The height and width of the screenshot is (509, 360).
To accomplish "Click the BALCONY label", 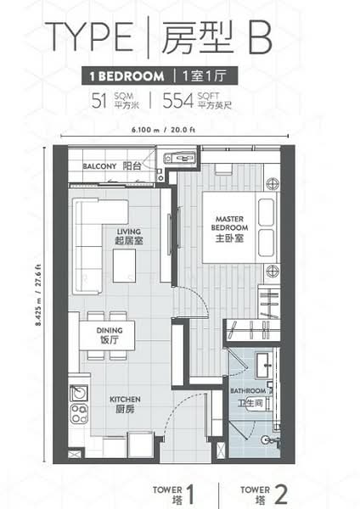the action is (99, 166).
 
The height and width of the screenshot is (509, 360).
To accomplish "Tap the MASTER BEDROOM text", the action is (229, 223).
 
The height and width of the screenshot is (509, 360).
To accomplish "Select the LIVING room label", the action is (129, 232).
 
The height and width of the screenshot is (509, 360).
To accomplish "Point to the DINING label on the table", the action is (110, 331).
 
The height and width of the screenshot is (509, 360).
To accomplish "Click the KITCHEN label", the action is (125, 400).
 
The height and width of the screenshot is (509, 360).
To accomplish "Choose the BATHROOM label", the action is (248, 391).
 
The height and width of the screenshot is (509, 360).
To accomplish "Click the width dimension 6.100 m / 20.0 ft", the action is (163, 130).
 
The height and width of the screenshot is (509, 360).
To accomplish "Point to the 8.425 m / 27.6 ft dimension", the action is (39, 295).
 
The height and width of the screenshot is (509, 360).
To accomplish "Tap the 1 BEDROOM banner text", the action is (127, 76).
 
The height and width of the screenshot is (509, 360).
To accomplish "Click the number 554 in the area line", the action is (177, 101).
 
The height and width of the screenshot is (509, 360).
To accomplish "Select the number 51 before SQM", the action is (99, 101).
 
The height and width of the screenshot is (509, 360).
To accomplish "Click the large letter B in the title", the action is (260, 38).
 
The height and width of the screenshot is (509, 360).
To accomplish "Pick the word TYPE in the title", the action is (89, 36).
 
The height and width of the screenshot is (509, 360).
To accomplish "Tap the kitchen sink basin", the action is (79, 393).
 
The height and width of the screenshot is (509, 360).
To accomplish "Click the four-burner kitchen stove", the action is (79, 414).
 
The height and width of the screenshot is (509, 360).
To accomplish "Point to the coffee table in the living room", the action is (125, 266).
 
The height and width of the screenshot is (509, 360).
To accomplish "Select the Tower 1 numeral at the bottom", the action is (190, 495).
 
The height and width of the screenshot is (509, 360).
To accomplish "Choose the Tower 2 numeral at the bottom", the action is (281, 495).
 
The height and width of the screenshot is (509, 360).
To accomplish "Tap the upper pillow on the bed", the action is (266, 212).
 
